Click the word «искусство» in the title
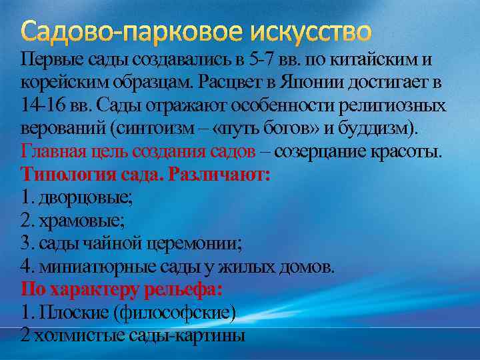[x=309, y=32]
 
